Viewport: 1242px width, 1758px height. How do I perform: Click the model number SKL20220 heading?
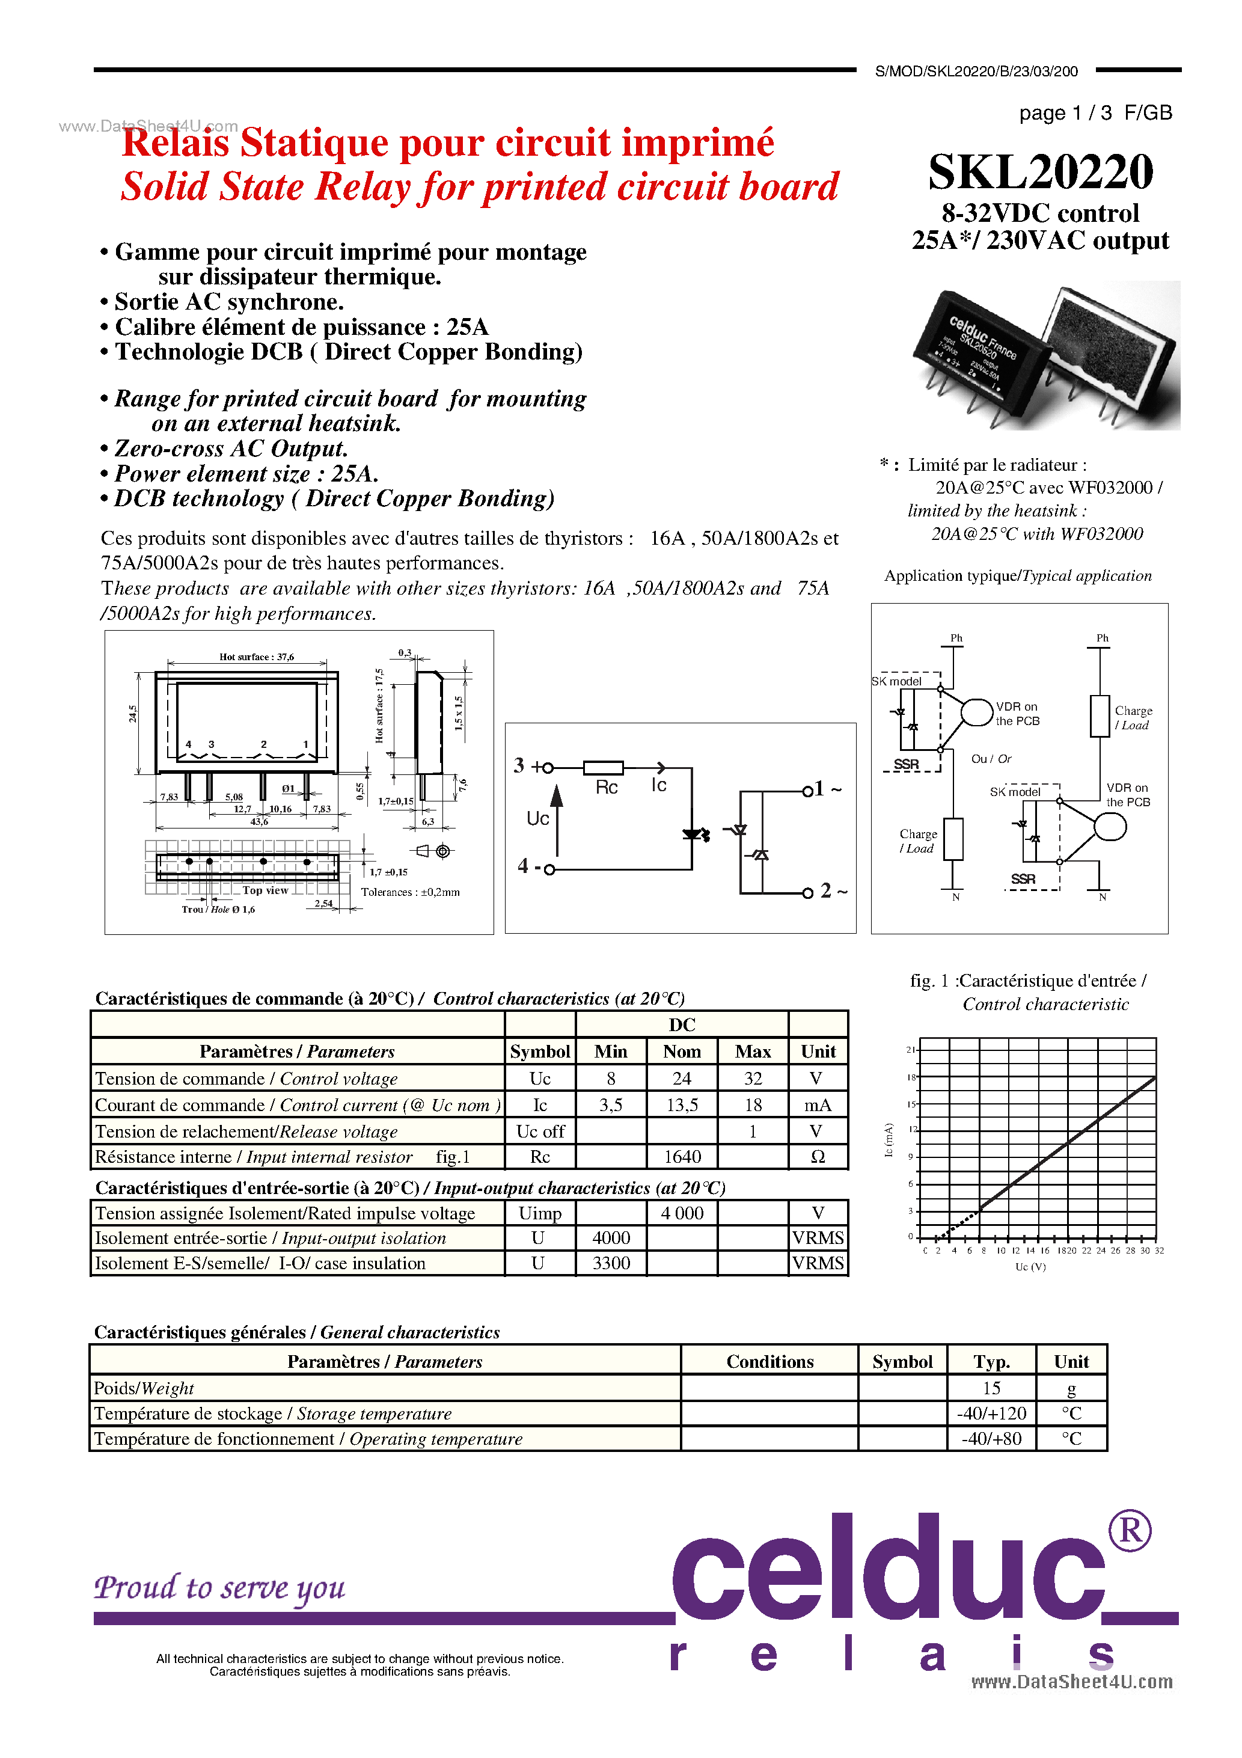(1040, 173)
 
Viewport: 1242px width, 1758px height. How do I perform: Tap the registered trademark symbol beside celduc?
(1130, 1531)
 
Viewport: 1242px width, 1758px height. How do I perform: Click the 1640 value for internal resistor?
(682, 1157)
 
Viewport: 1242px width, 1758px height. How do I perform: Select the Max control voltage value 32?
(753, 1079)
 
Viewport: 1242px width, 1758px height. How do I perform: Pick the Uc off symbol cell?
(540, 1132)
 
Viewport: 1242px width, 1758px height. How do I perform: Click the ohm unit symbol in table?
(818, 1157)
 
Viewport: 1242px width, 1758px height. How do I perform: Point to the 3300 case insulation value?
(611, 1263)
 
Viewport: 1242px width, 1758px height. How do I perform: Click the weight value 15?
(991, 1388)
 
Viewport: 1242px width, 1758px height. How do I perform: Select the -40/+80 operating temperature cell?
(991, 1439)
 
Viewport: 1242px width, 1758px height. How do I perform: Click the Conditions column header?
(769, 1361)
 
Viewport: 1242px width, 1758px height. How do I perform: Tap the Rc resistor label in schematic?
(607, 788)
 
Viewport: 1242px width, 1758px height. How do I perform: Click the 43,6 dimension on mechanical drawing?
(260, 821)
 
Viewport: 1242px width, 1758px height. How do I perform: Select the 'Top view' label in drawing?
(265, 890)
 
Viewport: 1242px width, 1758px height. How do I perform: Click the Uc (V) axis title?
(1030, 1266)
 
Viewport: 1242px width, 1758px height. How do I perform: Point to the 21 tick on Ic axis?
(910, 1049)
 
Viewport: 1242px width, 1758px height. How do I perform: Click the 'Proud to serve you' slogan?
(220, 1588)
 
